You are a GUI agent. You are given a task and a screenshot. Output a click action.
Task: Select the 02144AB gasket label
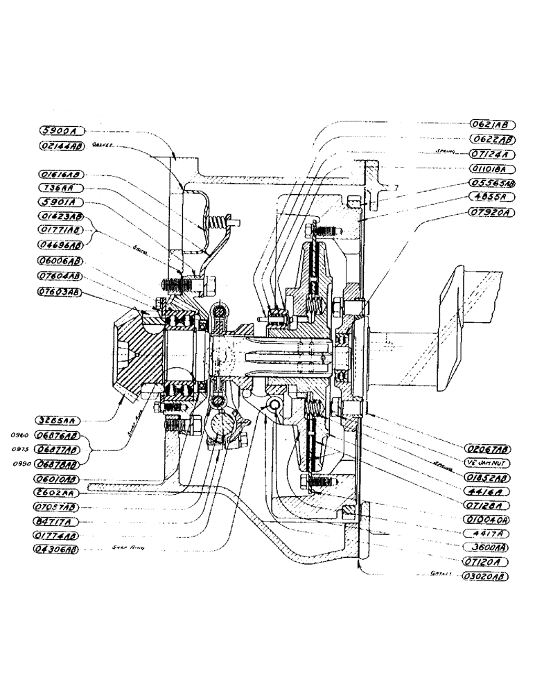pos(62,146)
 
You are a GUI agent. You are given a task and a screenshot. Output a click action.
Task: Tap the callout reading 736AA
pos(62,188)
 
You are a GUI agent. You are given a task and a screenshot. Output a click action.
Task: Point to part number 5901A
pos(62,202)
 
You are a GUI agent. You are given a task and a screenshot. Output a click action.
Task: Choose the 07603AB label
pos(62,292)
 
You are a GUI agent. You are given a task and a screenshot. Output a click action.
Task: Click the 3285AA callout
pos(62,420)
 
